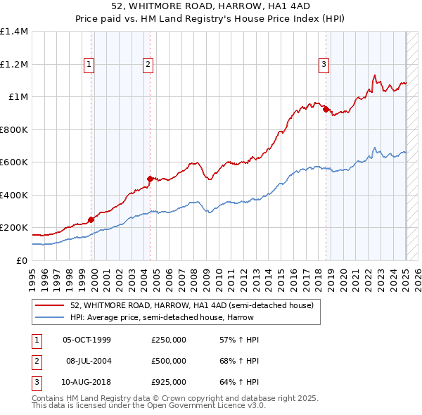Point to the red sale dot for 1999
point(91,219)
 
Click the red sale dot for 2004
point(150,179)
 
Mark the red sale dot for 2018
point(326,109)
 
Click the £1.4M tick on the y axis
point(14,32)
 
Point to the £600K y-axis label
point(14,162)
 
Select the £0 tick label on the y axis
point(21,260)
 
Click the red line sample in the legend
point(50,305)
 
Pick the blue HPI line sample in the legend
point(50,317)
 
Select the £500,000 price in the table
point(169,361)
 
